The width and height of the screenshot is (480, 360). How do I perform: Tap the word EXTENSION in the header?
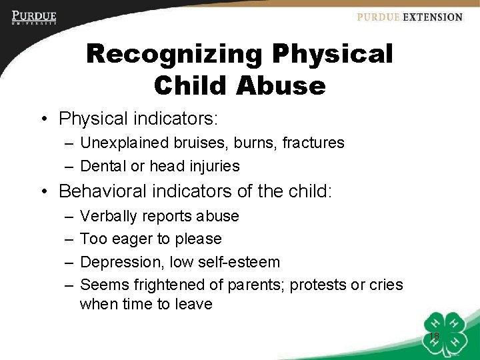(433, 17)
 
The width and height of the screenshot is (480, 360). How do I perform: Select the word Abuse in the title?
(288, 85)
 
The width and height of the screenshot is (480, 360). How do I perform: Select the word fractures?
(313, 143)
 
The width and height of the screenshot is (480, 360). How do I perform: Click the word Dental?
(101, 166)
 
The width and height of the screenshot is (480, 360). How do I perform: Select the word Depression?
(121, 262)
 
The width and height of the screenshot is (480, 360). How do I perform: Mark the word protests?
(321, 285)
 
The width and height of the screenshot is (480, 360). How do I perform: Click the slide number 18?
(434, 336)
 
